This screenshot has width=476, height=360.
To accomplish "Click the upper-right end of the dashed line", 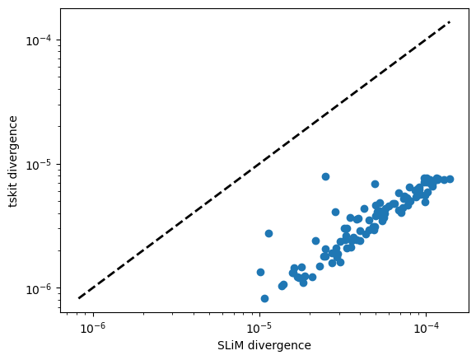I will click(x=450, y=22).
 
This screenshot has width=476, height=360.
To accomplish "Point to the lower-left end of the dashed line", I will click(x=79, y=298).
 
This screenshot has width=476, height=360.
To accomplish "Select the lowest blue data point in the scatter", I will click(x=264, y=298).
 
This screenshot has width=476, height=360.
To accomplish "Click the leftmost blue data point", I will click(x=260, y=272).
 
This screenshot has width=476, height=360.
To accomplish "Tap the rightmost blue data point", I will click(x=450, y=179).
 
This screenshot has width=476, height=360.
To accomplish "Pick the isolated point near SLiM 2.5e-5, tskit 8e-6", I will click(x=325, y=176).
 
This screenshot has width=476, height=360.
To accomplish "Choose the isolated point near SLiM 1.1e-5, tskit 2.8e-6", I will click(x=268, y=233).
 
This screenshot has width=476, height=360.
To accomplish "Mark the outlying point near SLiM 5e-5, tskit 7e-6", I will click(x=375, y=184).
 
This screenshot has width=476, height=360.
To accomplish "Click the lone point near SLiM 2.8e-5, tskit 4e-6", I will click(x=335, y=212).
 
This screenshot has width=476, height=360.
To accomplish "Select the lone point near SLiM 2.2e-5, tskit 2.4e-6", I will click(x=315, y=241).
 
